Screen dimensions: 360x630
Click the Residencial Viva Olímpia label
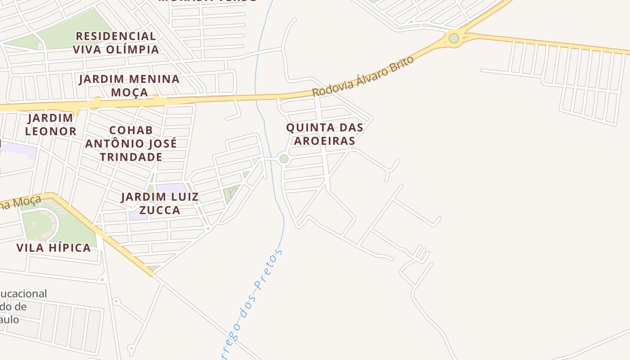pos(116,42)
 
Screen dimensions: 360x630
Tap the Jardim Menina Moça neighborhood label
pos(129,85)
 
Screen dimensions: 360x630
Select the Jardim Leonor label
pos(50,125)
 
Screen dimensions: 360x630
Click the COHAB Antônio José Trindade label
pos(131,144)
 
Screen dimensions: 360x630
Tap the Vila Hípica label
pos(54,247)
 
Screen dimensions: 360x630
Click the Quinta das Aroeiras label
pos(324,134)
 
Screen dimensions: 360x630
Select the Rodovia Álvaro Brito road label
pos(363,76)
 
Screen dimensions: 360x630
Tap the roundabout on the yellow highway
pos(454,38)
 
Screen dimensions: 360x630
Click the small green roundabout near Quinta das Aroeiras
pos(283,159)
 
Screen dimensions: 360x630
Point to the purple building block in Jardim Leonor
pos(18,151)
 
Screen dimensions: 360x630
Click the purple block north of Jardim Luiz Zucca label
pos(171,188)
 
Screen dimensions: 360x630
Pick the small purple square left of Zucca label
pos(137,216)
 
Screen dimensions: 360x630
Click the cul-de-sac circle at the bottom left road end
pos(131,348)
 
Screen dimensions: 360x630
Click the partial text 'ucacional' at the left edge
pos(23,294)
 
